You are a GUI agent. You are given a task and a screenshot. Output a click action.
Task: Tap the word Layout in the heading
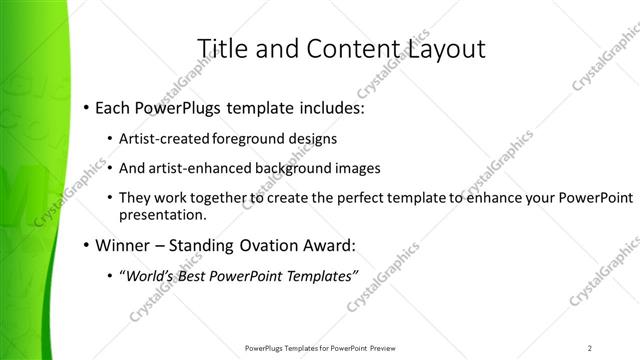pyautogui.click(x=446, y=48)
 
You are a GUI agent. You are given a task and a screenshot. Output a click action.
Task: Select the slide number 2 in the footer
pyautogui.click(x=590, y=348)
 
